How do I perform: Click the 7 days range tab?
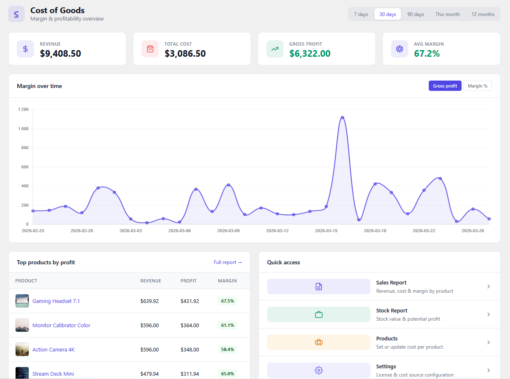coord(361,14)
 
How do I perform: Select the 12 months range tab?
coord(483,14)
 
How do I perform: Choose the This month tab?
coord(447,14)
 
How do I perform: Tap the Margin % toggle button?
coord(477,86)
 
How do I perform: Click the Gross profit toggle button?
coord(445,86)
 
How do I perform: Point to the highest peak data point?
coord(342,118)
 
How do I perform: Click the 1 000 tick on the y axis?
coord(23,129)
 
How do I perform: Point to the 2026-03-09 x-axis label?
coord(228,231)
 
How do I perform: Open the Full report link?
coord(228,262)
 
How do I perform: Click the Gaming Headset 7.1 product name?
coord(56,301)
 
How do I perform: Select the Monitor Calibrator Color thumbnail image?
coord(22,325)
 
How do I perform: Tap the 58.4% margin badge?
coord(227,349)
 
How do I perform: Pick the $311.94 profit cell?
coord(190,374)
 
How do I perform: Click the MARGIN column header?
coord(227,281)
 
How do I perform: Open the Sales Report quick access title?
coord(391,283)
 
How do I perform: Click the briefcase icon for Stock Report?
coord(319,314)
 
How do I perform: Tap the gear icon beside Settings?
coord(319,370)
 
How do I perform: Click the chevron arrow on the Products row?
coord(488,342)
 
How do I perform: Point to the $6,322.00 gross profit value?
coord(310,53)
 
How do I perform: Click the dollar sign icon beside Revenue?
coord(25,49)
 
